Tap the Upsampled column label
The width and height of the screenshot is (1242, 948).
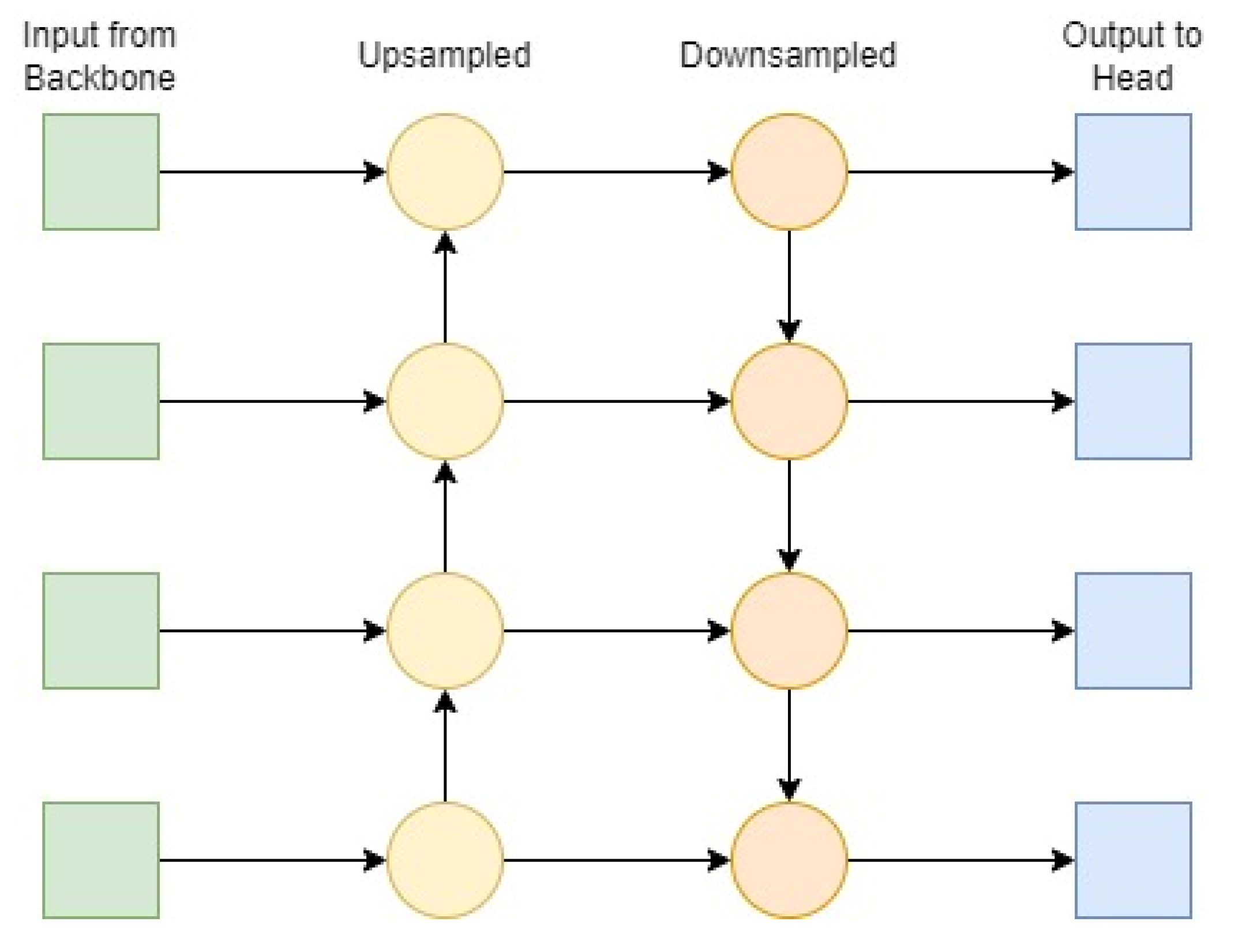[x=444, y=55]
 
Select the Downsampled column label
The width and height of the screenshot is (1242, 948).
[x=788, y=55]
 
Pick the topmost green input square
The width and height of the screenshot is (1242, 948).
[x=101, y=172]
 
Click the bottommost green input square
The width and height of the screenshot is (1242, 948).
[x=101, y=860]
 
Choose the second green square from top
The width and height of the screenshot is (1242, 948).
[x=101, y=401]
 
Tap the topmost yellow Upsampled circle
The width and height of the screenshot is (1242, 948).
[x=445, y=172]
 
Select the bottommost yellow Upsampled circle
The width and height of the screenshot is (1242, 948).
[x=445, y=860]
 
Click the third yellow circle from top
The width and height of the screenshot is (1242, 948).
[x=445, y=631]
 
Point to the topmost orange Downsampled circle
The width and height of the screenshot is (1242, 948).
[x=789, y=172]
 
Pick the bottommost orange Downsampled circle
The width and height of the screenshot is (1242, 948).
[x=789, y=860]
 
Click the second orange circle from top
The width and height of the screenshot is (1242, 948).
[x=789, y=401]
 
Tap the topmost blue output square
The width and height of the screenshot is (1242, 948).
[x=1133, y=172]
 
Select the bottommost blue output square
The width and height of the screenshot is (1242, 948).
[x=1133, y=860]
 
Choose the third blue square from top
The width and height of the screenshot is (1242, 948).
[x=1133, y=631]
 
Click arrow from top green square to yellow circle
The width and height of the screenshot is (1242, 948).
[x=271, y=172]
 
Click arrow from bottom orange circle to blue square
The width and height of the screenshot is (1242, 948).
[x=960, y=860]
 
